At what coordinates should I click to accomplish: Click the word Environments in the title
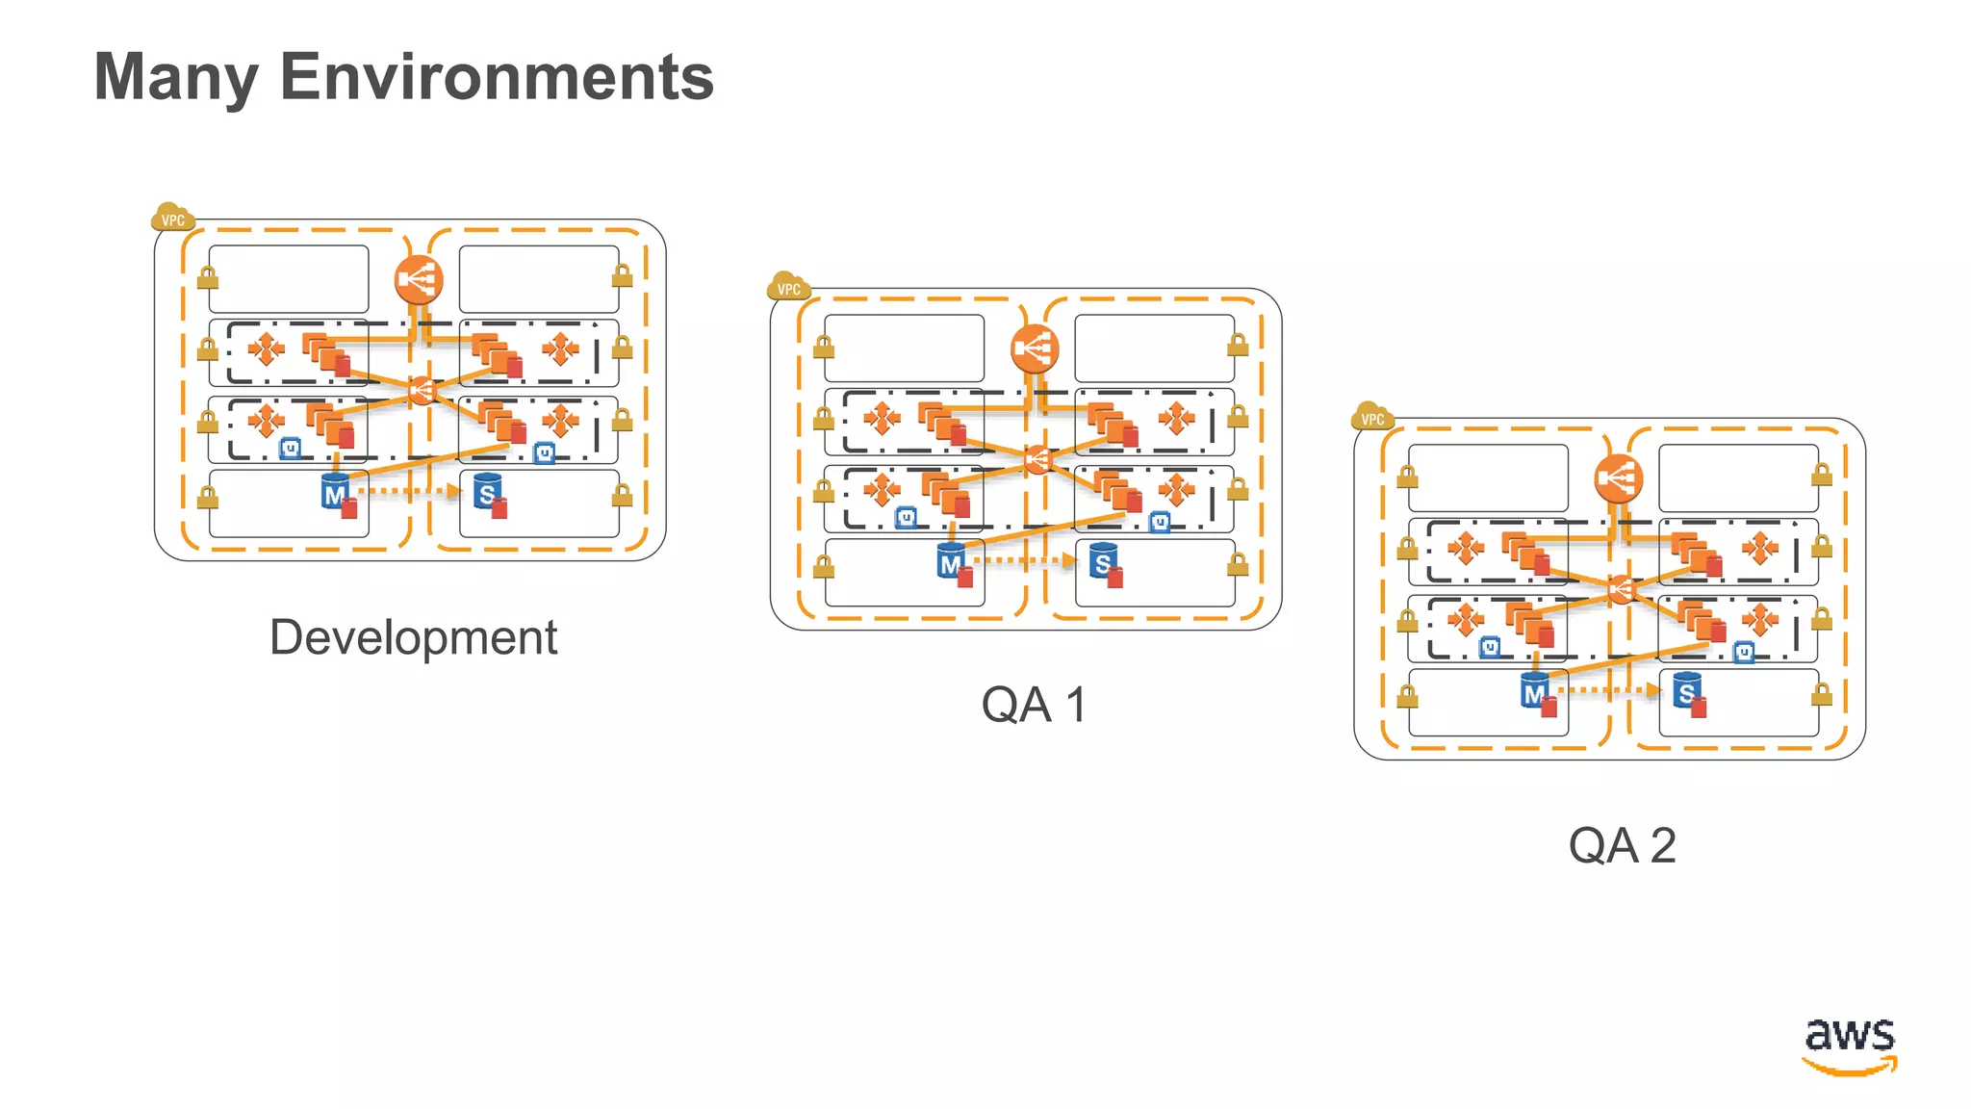tap(497, 77)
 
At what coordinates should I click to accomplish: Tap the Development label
tap(413, 637)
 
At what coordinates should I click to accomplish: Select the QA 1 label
tap(1034, 705)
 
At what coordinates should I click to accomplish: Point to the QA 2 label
tap(1622, 846)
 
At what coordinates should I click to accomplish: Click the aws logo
tap(1849, 1045)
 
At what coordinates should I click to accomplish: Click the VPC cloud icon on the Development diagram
tap(172, 219)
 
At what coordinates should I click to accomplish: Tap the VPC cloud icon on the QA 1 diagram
tap(788, 287)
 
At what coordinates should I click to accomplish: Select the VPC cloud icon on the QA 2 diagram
tap(1371, 417)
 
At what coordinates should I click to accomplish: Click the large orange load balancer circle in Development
tap(418, 280)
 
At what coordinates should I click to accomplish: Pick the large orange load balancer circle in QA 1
tap(1035, 348)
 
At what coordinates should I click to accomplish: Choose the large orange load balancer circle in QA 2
tap(1618, 478)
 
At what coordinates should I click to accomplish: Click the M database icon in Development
tap(334, 493)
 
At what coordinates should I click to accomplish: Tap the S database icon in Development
tap(487, 493)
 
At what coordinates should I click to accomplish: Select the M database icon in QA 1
tap(951, 562)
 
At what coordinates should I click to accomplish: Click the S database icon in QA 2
tap(1686, 691)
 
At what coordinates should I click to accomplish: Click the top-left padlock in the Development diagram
tap(207, 278)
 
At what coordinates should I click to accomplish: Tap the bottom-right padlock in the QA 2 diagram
tap(1821, 695)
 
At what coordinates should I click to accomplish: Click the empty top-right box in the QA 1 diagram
tap(1154, 348)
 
